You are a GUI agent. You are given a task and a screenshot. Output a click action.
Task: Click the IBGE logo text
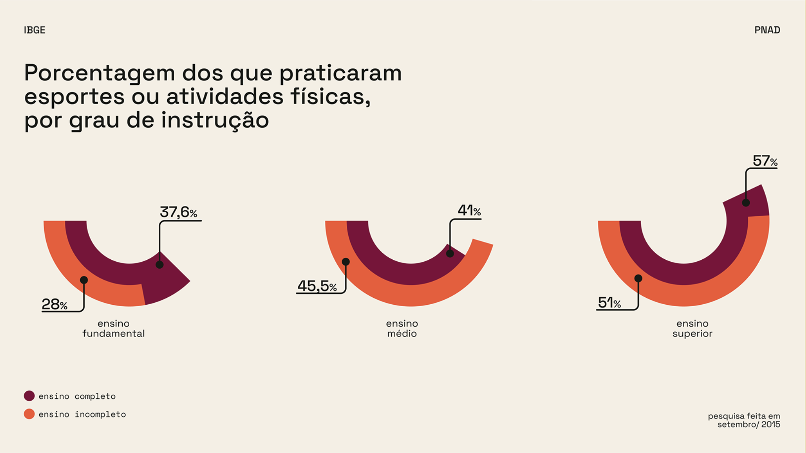pyautogui.click(x=34, y=30)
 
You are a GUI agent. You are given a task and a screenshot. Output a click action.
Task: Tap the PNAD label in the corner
pyautogui.click(x=767, y=30)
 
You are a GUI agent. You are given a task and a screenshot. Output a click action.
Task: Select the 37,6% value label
pyautogui.click(x=178, y=212)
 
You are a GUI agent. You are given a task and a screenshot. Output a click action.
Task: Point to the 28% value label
pyautogui.click(x=54, y=304)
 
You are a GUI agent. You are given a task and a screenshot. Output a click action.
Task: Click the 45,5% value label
pyautogui.click(x=317, y=286)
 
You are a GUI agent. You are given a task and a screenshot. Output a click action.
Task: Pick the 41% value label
pyautogui.click(x=469, y=210)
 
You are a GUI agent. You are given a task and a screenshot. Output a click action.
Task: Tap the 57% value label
pyautogui.click(x=765, y=161)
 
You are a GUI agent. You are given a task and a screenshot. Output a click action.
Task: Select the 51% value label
pyautogui.click(x=609, y=303)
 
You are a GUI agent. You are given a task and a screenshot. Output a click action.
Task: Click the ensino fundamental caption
pyautogui.click(x=113, y=328)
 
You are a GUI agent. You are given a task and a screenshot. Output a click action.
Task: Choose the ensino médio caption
pyautogui.click(x=402, y=328)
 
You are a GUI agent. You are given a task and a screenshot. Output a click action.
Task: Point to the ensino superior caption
pyautogui.click(x=692, y=328)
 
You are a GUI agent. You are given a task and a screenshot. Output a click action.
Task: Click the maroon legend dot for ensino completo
pyautogui.click(x=29, y=396)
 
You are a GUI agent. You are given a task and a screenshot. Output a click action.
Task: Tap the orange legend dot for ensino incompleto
pyautogui.click(x=29, y=414)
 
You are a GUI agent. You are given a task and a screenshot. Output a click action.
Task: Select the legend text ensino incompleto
pyautogui.click(x=82, y=414)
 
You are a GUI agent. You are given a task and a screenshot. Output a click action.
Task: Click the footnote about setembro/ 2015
pyautogui.click(x=744, y=420)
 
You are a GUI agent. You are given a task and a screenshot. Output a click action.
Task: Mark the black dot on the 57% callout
pyautogui.click(x=746, y=203)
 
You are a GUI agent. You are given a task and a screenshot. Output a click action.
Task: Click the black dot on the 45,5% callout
pyautogui.click(x=345, y=262)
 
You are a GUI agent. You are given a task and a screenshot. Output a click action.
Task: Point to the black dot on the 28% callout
pyautogui.click(x=84, y=280)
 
